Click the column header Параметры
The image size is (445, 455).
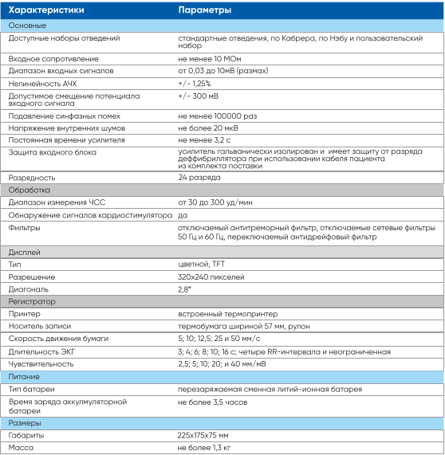pyautogui.click(x=205, y=10)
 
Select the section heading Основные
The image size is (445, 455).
pyautogui.click(x=27, y=25)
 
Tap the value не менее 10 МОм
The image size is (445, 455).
pyautogui.click(x=211, y=59)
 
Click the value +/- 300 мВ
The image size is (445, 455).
pyautogui.click(x=200, y=96)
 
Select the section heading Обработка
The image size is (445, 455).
pyautogui.click(x=30, y=190)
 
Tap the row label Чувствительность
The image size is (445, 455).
pyautogui.click(x=41, y=363)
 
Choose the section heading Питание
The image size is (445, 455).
pyautogui.click(x=25, y=375)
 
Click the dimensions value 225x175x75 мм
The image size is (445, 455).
pyautogui.click(x=203, y=436)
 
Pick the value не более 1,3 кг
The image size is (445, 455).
pyautogui.click(x=206, y=448)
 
